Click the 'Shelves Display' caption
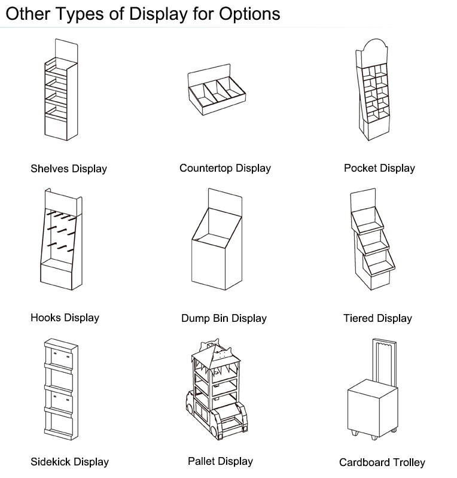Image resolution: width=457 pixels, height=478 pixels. (x=69, y=169)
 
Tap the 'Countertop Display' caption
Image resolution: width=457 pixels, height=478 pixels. (x=225, y=168)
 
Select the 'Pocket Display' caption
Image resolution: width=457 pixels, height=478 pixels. (x=379, y=168)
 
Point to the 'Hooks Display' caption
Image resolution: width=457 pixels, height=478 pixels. (x=65, y=318)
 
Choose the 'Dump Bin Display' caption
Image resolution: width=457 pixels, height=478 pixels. (x=224, y=318)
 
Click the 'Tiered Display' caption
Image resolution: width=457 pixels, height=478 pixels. (x=377, y=318)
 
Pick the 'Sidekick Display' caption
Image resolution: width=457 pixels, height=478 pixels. (x=69, y=462)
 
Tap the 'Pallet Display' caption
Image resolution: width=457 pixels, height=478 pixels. (x=220, y=461)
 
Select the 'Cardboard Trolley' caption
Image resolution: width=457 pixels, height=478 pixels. (x=382, y=462)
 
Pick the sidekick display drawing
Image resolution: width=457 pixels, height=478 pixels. (x=60, y=389)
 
